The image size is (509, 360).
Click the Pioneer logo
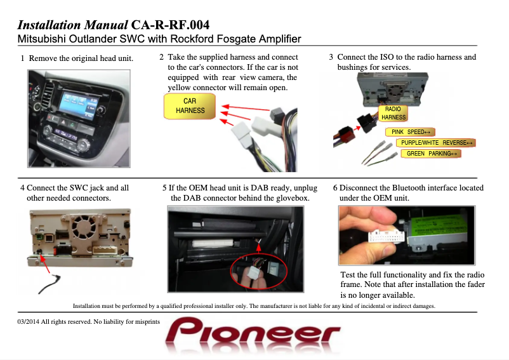(253, 333)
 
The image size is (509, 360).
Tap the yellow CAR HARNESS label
(190, 106)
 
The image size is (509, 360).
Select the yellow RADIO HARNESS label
(393, 113)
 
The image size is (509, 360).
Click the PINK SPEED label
(411, 132)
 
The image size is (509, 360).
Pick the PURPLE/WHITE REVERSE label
(436, 142)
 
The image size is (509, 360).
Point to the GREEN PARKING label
(431, 153)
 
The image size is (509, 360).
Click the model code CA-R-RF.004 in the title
(171, 25)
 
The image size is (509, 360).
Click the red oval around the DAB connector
(259, 270)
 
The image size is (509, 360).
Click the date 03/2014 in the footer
(28, 322)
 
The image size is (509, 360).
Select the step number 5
(164, 188)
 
